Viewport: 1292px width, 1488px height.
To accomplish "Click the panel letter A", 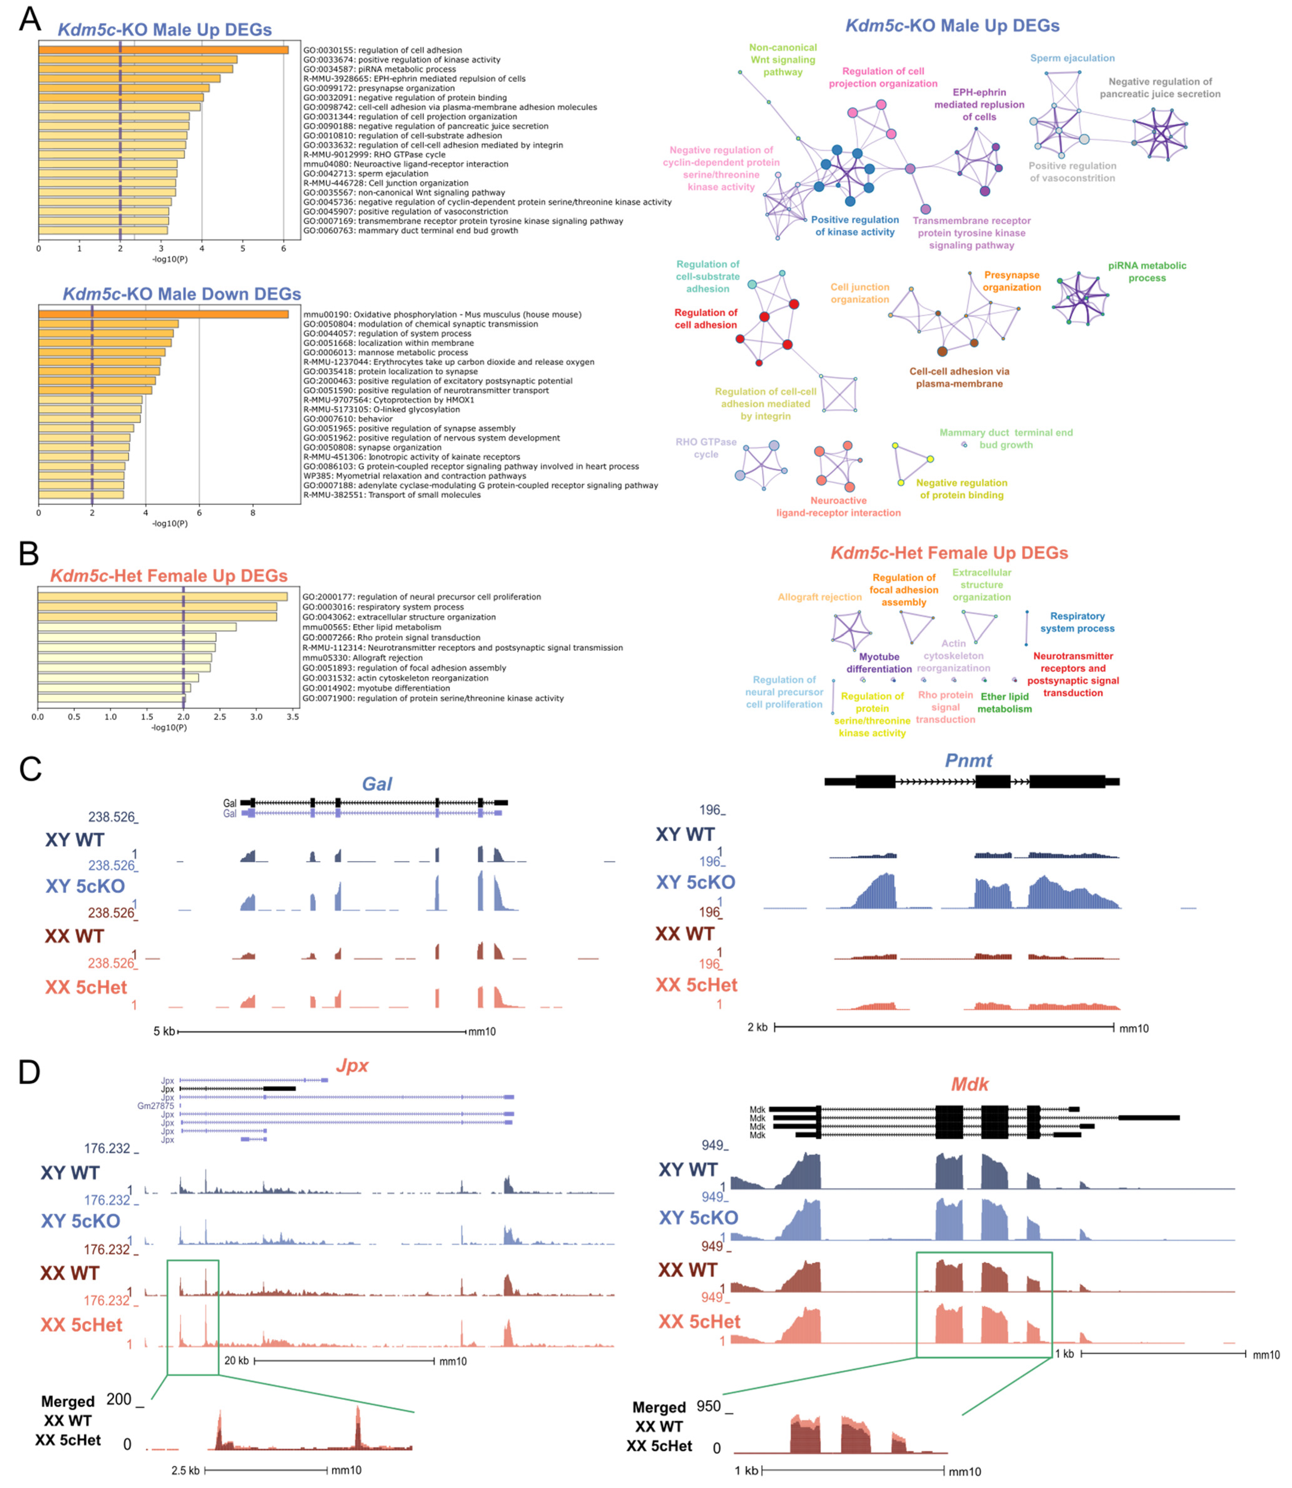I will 29,19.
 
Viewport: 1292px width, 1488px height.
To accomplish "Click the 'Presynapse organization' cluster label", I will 1011,281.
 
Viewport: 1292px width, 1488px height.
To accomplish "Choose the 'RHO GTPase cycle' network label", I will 706,448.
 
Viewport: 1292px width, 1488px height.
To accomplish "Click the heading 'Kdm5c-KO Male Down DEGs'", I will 182,294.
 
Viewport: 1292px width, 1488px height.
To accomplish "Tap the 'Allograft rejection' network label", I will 820,597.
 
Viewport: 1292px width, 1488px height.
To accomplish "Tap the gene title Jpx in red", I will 352,1065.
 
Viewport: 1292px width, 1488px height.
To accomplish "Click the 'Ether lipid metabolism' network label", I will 1004,703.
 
